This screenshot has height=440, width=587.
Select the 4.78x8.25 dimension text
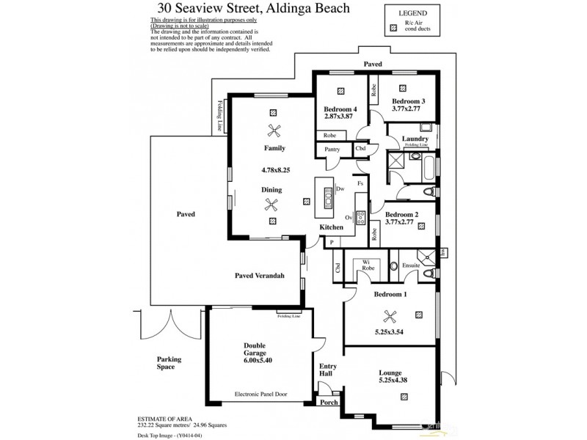(276, 170)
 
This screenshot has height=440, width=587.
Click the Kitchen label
(331, 227)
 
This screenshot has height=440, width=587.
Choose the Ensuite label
(411, 265)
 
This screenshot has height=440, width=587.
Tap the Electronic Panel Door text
(257, 393)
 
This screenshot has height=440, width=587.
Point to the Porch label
(327, 403)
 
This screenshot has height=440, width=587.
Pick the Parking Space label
(169, 363)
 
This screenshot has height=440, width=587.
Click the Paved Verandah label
(259, 276)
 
